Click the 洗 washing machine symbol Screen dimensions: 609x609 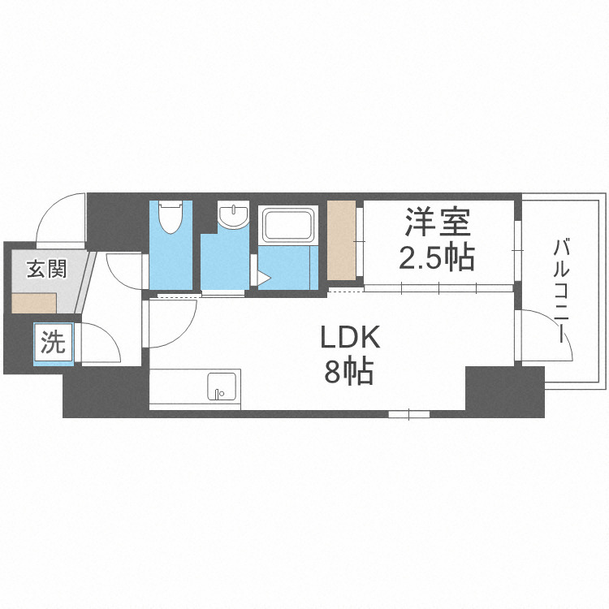54,343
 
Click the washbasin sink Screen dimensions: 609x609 234,217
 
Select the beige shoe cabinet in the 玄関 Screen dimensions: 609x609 34,302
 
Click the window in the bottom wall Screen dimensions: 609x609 408,414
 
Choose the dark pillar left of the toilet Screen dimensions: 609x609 116,219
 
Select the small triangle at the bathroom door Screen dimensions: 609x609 263,279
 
